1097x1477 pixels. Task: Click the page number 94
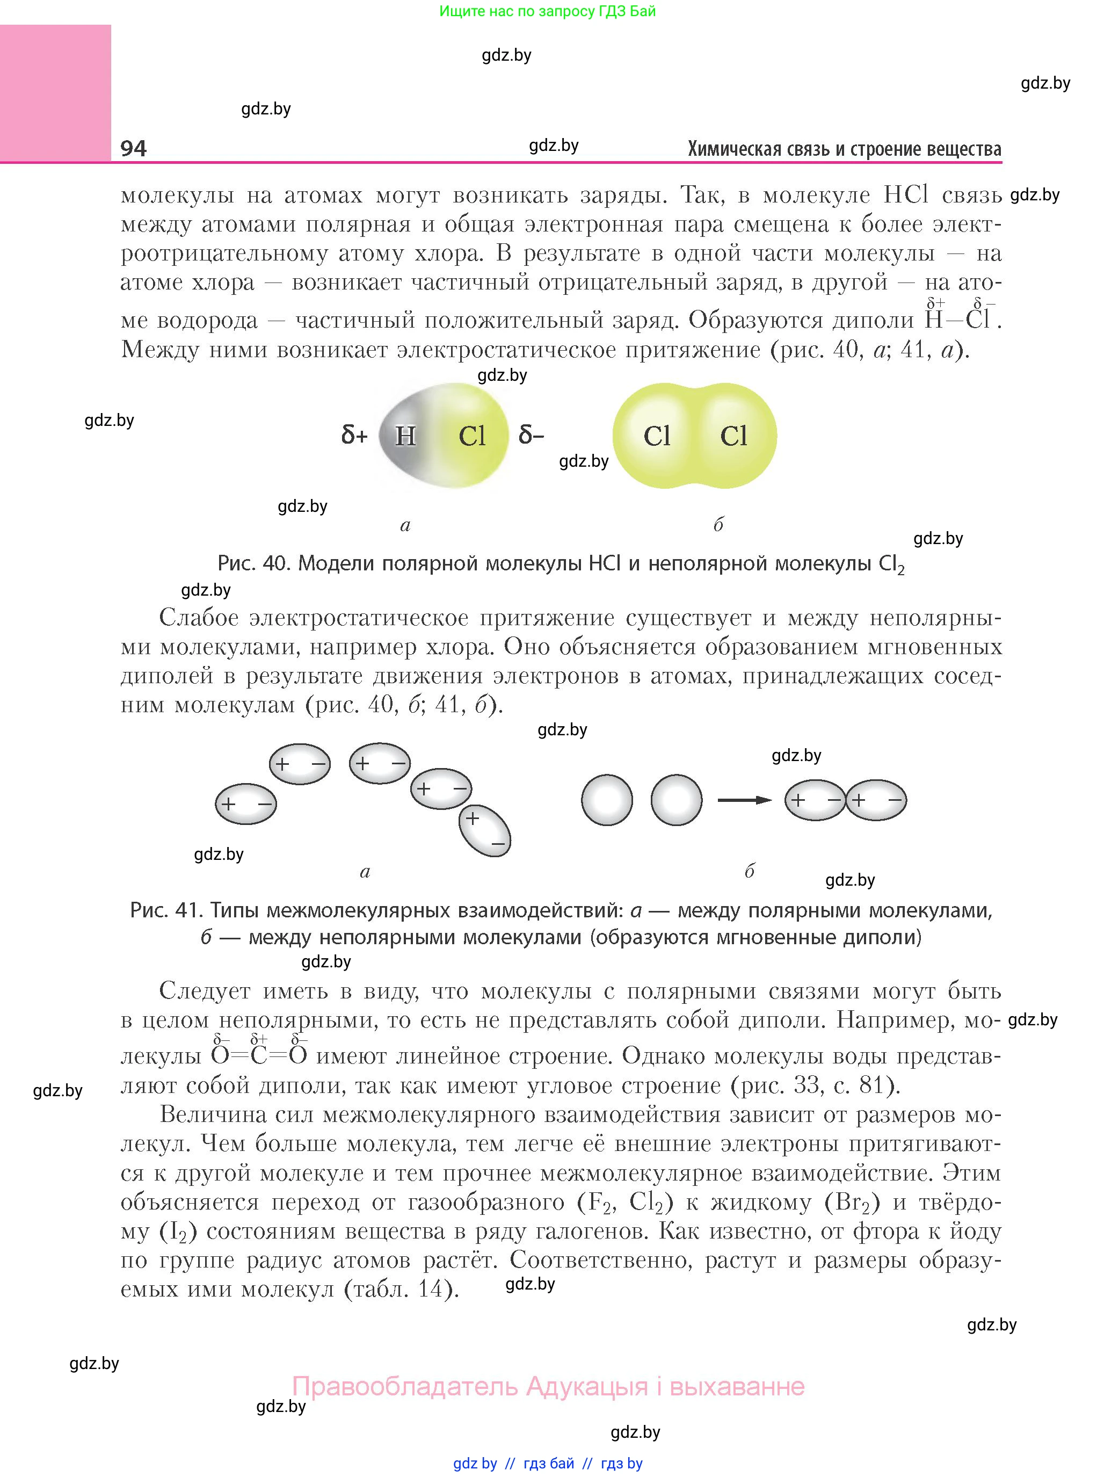[x=134, y=148]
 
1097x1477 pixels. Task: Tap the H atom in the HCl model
[x=405, y=436]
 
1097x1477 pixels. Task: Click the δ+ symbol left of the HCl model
[x=354, y=436]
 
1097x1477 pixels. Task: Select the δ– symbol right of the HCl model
[x=531, y=436]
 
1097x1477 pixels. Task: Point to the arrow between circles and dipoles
[x=744, y=800]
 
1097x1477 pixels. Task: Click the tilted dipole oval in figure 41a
[x=485, y=831]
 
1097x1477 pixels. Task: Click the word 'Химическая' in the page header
[x=727, y=149]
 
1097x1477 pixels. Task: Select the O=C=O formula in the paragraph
[x=259, y=1055]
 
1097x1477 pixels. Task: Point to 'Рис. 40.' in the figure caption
[x=255, y=563]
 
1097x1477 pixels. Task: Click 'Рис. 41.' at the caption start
[x=166, y=910]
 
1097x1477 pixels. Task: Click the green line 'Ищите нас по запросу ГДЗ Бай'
[x=547, y=11]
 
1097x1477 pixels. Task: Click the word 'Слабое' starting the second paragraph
[x=199, y=618]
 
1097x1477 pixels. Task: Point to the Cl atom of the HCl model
[x=472, y=436]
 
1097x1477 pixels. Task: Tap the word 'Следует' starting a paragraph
[x=205, y=991]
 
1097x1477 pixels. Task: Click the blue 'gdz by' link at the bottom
[x=475, y=1463]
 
